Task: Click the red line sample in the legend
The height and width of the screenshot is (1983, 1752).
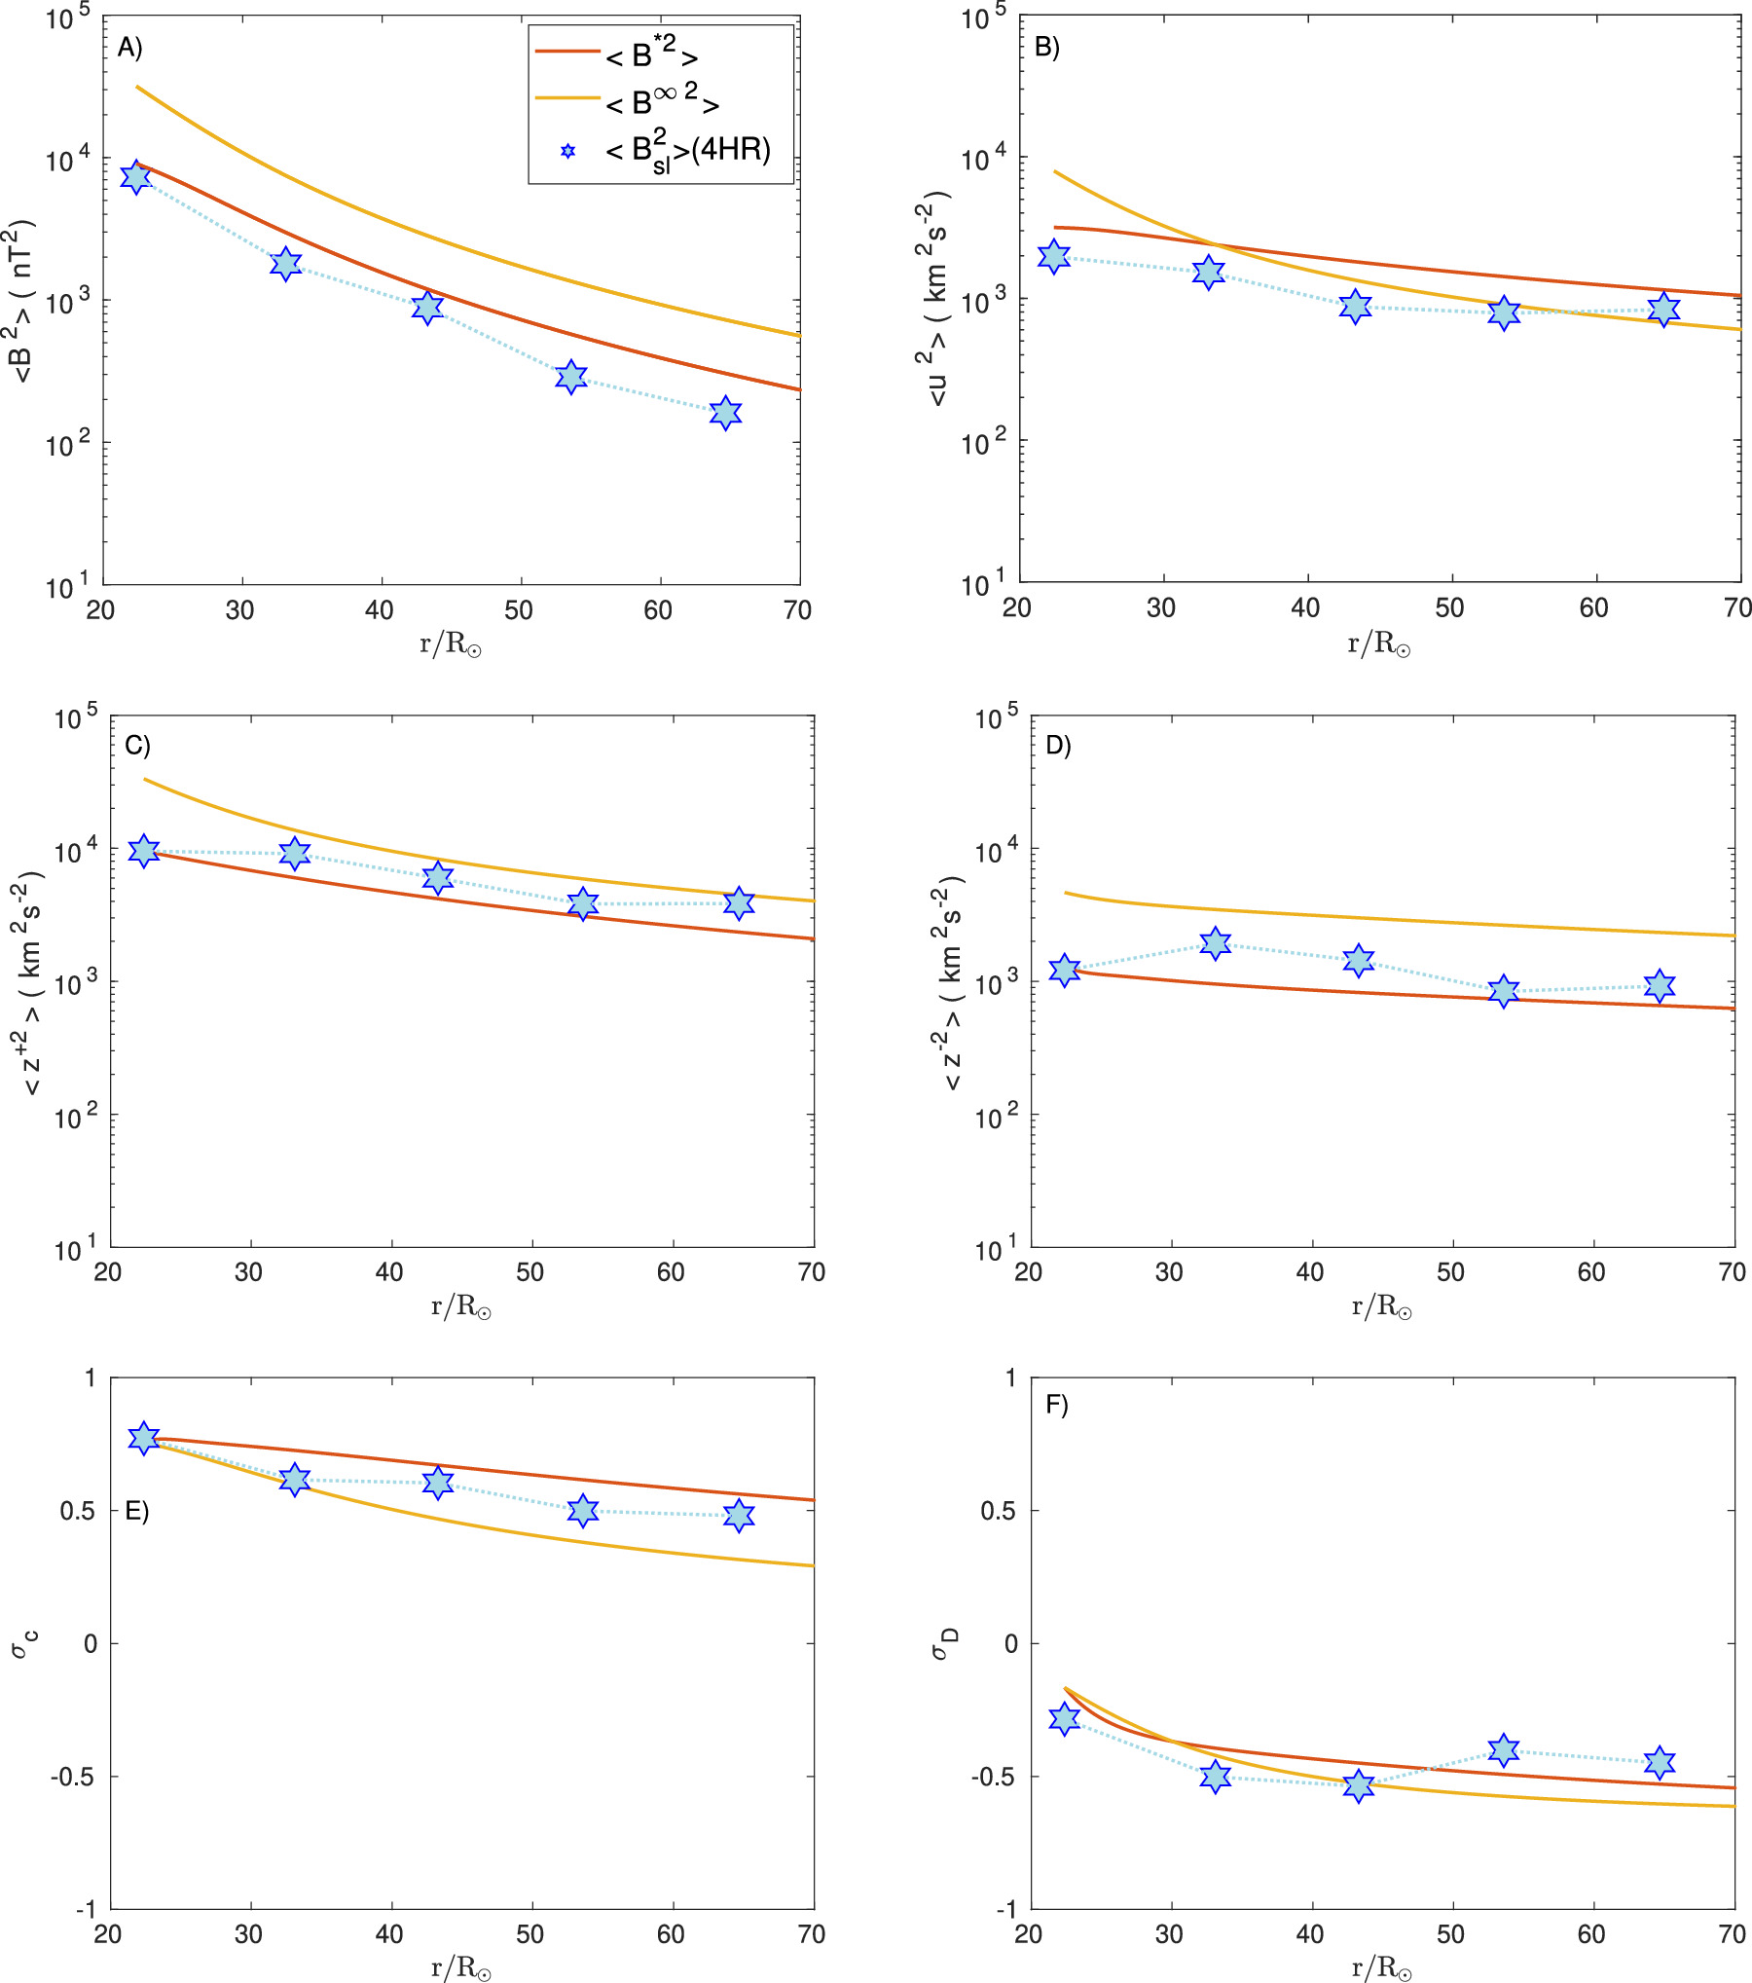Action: [566, 50]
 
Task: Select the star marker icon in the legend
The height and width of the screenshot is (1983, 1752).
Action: [568, 151]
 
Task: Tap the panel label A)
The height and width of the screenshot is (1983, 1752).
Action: [129, 47]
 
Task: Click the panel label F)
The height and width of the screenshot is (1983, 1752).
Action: [1056, 1405]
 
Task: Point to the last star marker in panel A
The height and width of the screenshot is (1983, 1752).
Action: [725, 413]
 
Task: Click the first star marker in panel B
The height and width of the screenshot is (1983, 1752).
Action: [1053, 257]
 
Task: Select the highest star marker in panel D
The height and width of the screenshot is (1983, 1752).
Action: [1214, 943]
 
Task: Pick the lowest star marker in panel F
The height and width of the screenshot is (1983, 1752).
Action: [1358, 1785]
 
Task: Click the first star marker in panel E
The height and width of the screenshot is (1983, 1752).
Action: [144, 1438]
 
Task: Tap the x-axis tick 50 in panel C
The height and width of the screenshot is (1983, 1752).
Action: [529, 1271]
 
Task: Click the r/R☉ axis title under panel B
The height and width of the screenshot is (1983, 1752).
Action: [1378, 643]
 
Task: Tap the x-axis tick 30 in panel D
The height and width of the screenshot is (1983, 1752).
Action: [1169, 1271]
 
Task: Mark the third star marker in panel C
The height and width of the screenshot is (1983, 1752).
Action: [438, 877]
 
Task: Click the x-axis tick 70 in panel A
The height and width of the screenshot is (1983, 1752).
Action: [797, 610]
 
